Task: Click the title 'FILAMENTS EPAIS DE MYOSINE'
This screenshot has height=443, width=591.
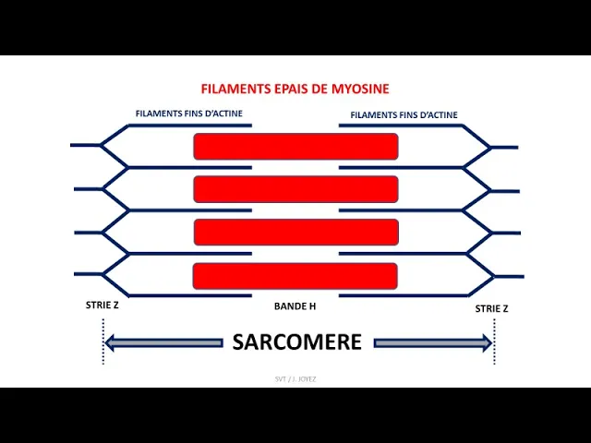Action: click(295, 90)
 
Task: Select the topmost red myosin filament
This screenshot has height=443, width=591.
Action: click(295, 146)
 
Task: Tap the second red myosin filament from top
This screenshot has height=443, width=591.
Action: click(295, 188)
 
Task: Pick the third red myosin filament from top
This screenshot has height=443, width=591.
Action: click(295, 232)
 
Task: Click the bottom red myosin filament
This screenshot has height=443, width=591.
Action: click(295, 275)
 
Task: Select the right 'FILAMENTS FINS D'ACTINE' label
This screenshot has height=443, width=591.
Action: click(404, 115)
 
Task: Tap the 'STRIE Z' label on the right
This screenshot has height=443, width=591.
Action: click(491, 308)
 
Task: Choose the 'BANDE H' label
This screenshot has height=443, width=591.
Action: click(295, 305)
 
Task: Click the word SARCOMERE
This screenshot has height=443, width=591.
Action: click(296, 342)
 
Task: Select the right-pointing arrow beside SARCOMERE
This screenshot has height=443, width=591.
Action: click(432, 343)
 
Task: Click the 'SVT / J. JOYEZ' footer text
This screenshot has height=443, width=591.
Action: click(296, 378)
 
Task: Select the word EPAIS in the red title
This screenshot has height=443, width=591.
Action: click(290, 90)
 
